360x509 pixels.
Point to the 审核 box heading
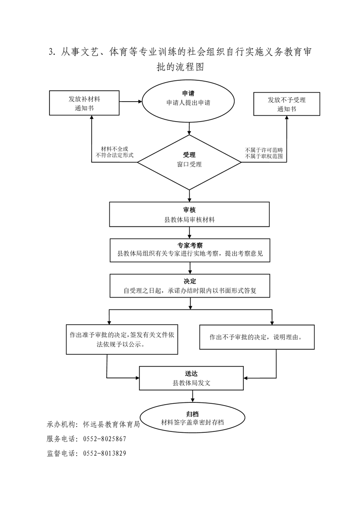(x=189, y=210)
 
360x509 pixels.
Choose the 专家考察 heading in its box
(x=190, y=245)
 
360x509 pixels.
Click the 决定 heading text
(x=190, y=281)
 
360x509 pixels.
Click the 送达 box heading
(x=192, y=374)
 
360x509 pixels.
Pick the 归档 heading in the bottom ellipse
(x=192, y=414)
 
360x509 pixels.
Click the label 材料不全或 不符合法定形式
(x=115, y=152)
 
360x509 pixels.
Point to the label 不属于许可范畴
(x=264, y=150)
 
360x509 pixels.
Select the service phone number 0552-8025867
(x=104, y=439)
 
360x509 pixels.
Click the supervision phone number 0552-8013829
(x=104, y=453)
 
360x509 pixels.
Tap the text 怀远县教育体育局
(x=111, y=424)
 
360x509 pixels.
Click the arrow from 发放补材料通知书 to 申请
(x=131, y=102)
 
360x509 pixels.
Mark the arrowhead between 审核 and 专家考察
(x=190, y=237)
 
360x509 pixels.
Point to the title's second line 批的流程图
(x=180, y=67)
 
